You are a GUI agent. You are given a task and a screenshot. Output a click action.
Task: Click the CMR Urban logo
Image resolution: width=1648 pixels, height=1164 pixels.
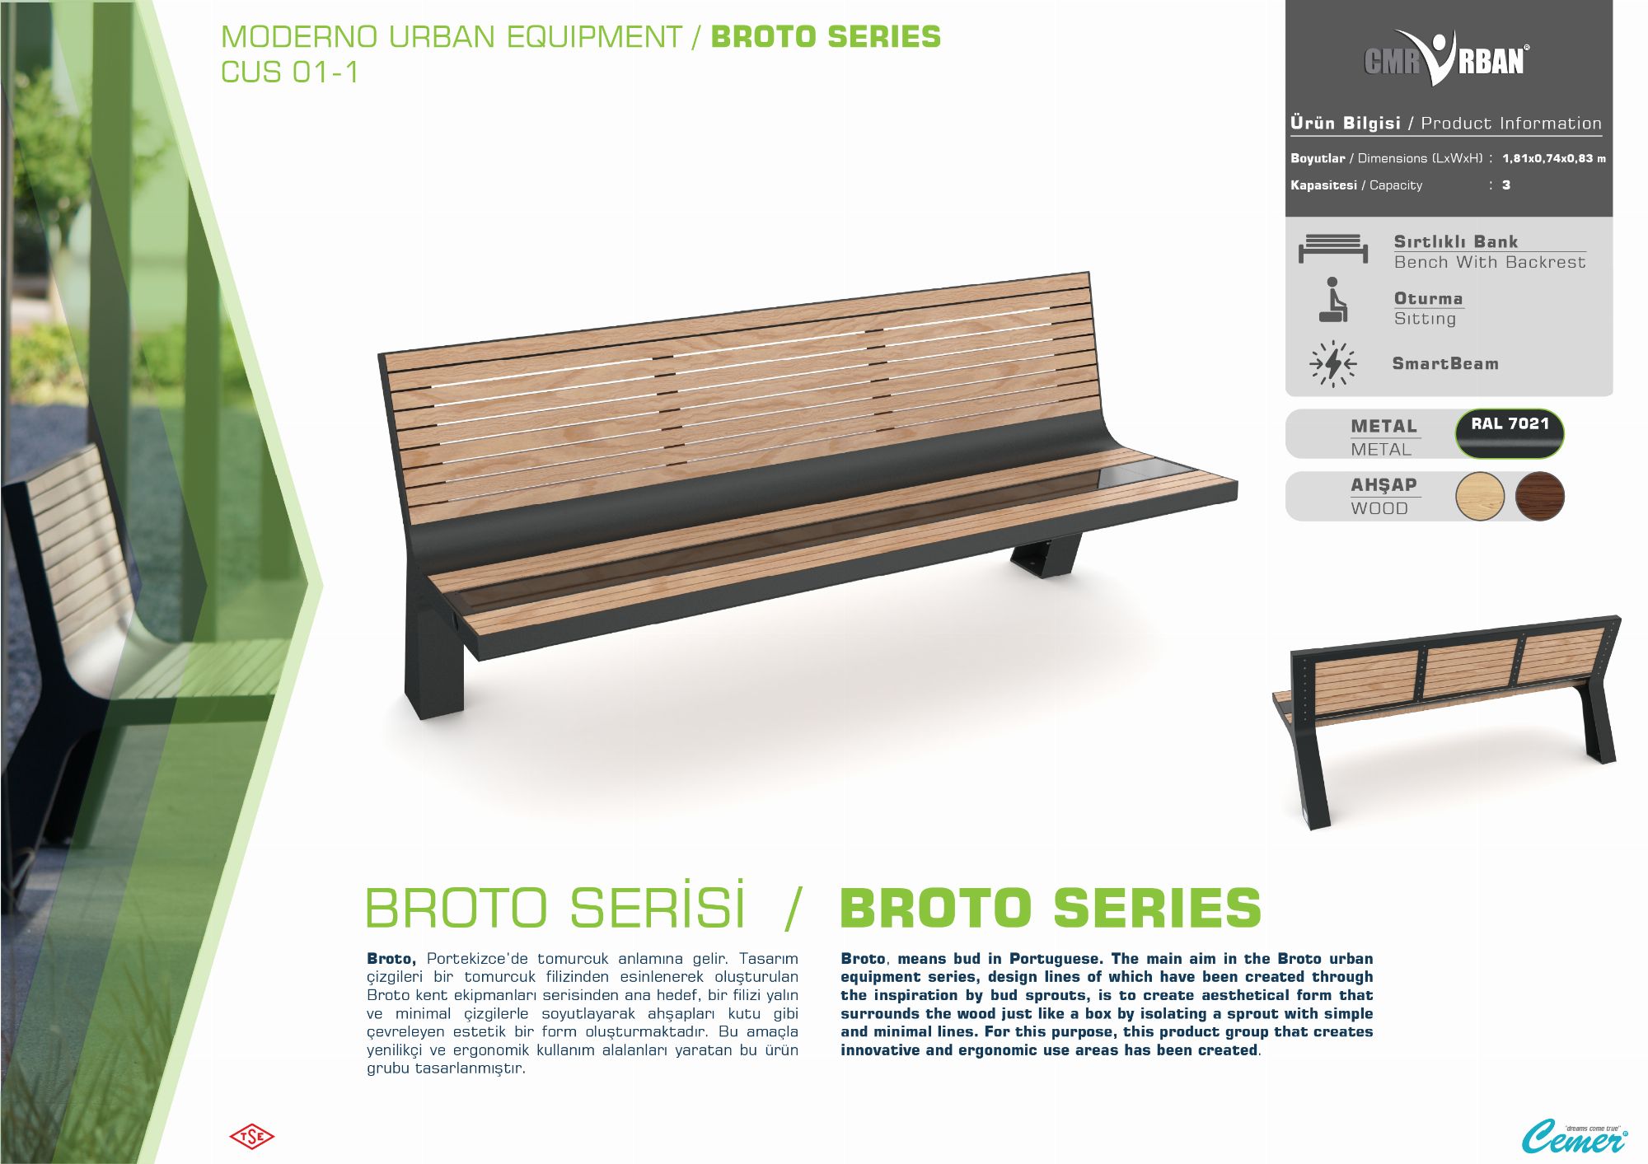click(x=1446, y=58)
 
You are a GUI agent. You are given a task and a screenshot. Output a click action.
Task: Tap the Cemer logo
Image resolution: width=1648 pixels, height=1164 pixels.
click(x=1574, y=1137)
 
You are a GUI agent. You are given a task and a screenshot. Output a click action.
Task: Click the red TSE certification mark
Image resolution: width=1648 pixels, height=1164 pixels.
click(x=251, y=1137)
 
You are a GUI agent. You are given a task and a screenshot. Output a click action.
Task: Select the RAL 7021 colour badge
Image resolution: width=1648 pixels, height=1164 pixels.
click(x=1510, y=432)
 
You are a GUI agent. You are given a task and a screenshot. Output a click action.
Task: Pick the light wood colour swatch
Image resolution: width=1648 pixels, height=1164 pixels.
click(x=1480, y=496)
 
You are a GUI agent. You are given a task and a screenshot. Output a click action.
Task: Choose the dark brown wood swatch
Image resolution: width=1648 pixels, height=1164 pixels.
click(x=1539, y=496)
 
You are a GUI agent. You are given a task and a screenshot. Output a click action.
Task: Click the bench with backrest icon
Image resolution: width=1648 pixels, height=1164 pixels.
click(x=1333, y=248)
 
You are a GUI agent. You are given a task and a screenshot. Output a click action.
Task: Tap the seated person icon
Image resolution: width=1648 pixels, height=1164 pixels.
click(x=1332, y=299)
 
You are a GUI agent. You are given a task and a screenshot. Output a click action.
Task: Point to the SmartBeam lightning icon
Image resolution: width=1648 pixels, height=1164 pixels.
click(x=1332, y=363)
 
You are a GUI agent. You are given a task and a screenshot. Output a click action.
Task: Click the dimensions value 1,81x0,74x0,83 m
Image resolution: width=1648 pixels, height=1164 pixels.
click(x=1554, y=158)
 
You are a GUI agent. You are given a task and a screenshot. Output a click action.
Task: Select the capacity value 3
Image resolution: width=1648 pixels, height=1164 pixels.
click(x=1506, y=185)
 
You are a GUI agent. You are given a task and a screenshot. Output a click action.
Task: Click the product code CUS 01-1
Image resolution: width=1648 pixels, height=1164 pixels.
click(x=290, y=72)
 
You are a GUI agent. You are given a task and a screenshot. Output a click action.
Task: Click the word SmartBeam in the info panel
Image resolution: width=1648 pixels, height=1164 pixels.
click(x=1445, y=363)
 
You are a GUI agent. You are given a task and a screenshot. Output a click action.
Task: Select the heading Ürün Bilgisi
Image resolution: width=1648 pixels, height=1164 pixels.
click(x=1346, y=123)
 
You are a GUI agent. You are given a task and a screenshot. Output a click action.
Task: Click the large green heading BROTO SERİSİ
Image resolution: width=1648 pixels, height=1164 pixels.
click(x=555, y=906)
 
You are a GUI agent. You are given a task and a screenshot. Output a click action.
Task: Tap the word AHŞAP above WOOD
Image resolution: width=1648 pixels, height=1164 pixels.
click(x=1383, y=485)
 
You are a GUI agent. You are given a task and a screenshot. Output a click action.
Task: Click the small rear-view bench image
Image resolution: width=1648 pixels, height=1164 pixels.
click(x=1446, y=717)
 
